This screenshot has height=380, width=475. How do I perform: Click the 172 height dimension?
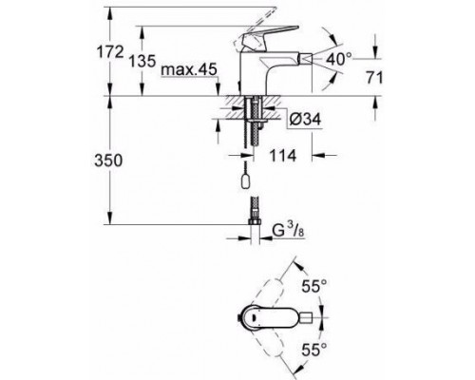pos(109,52)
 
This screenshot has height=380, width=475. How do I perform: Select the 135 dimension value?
pos(142,61)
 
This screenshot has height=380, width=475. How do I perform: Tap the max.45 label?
pos(189,69)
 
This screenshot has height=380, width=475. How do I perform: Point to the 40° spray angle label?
pos(334,59)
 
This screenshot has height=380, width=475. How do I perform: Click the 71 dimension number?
pos(374,78)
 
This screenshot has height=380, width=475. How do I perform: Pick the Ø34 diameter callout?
pos(305,120)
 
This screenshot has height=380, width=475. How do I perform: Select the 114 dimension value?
pos(283,156)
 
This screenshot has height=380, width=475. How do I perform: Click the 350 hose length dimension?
pos(108,161)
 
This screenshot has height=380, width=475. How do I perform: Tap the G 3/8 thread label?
pos(288,231)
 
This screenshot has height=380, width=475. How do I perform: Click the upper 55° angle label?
pos(313,287)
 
